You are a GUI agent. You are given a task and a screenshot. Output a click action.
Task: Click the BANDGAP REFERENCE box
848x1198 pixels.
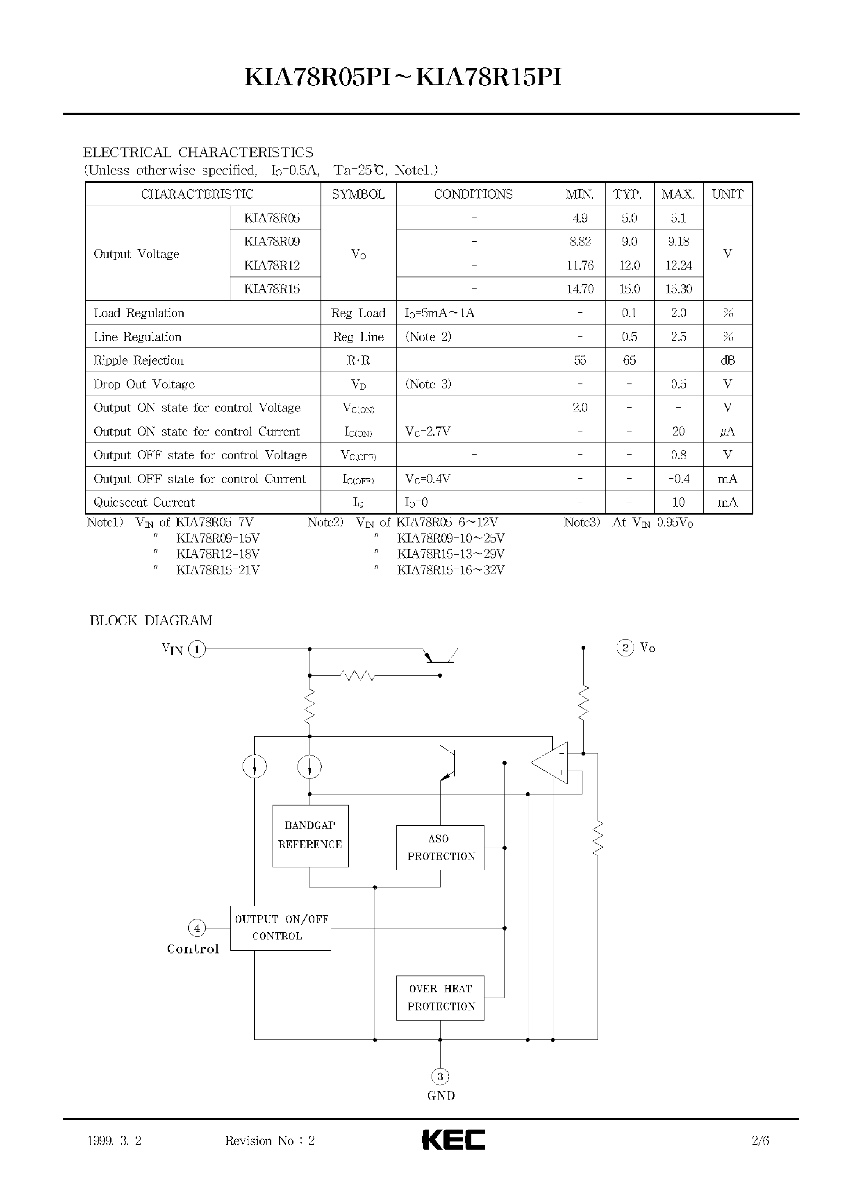tap(310, 836)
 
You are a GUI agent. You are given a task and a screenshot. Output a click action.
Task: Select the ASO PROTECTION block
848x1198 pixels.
tap(440, 847)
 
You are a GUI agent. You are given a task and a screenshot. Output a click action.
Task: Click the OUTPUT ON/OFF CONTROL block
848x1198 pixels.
tap(280, 928)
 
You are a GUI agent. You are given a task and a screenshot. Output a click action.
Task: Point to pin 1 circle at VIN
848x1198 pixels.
tap(197, 649)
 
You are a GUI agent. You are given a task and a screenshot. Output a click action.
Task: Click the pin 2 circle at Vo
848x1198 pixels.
tap(625, 648)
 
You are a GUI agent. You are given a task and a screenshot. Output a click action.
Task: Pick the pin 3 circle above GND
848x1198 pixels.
tap(440, 1076)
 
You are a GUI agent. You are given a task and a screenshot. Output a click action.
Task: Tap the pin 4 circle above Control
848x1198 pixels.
tap(197, 928)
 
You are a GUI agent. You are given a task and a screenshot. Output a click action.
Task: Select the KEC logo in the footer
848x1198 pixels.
tap(453, 1140)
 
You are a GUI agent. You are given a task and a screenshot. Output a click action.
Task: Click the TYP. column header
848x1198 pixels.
tap(629, 194)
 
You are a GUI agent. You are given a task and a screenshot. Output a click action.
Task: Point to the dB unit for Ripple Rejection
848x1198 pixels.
tap(728, 360)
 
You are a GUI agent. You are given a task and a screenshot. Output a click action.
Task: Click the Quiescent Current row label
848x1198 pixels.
tap(144, 503)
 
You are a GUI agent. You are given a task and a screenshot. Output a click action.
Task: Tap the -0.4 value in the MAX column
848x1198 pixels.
tap(678, 479)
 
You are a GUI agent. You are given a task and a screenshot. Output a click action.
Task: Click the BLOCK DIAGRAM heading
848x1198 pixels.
tap(151, 621)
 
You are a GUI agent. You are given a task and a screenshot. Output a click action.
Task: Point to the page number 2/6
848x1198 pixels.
tap(760, 1141)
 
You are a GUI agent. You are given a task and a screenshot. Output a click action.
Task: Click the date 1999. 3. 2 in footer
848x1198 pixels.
tap(114, 1141)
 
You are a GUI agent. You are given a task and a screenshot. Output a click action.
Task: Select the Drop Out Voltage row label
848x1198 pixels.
tap(144, 384)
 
